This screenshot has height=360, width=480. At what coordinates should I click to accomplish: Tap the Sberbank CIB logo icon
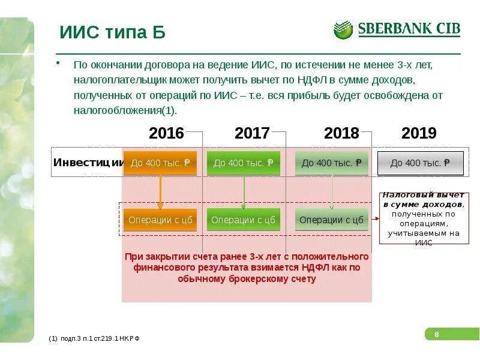click(343, 29)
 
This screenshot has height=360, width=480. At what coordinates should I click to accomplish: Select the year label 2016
click(166, 133)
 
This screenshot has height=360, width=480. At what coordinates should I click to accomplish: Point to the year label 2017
click(252, 133)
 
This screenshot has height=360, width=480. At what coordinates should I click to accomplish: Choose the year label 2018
click(341, 133)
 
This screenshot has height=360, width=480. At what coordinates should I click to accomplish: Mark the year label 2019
click(419, 133)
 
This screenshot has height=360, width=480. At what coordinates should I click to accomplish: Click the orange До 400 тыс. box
click(160, 163)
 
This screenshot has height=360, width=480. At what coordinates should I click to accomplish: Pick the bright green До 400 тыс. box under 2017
click(243, 163)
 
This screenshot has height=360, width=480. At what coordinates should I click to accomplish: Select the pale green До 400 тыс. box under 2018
click(331, 163)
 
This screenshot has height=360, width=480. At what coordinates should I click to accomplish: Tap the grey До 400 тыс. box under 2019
click(420, 163)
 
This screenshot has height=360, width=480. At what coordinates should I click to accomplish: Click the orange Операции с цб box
click(160, 220)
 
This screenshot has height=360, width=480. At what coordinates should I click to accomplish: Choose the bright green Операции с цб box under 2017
click(243, 220)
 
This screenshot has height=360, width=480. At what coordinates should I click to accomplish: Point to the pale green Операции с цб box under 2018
click(331, 220)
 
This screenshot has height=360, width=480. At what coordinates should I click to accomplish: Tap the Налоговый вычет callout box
click(424, 218)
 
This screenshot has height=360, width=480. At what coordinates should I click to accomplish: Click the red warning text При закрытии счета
click(247, 268)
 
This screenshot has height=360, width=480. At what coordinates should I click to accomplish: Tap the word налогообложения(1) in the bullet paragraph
click(126, 111)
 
